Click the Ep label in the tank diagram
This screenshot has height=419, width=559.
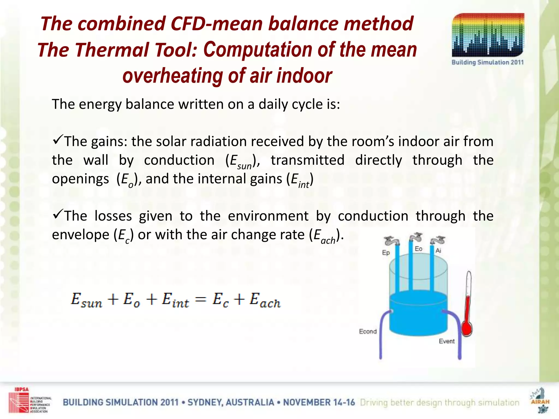[x=386, y=253]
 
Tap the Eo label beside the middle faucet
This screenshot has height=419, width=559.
[x=418, y=249]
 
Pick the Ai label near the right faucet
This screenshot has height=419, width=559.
[x=438, y=250]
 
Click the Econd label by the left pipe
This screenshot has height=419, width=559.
[x=368, y=331]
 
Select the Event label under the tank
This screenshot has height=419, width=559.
[x=447, y=341]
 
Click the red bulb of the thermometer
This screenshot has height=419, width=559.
[x=467, y=328]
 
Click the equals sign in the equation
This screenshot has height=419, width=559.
[x=201, y=300]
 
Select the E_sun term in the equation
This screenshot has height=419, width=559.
[x=87, y=300]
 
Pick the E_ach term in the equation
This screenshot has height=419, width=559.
[x=265, y=300]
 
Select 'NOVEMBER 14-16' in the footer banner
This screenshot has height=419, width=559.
[x=319, y=403]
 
